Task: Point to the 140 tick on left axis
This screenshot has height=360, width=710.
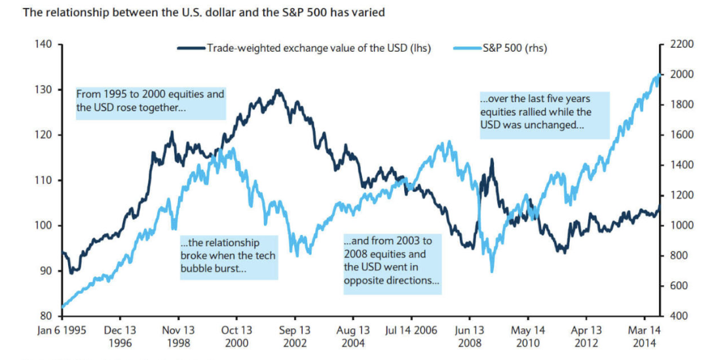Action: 43,45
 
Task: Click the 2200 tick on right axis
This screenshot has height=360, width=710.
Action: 678,45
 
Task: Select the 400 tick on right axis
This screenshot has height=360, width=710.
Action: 675,316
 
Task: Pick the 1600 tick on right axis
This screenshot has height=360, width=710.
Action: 678,135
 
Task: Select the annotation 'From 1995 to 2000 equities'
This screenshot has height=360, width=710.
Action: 150,101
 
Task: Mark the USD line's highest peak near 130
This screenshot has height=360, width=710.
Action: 278,90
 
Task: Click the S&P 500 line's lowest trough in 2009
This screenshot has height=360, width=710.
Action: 492,271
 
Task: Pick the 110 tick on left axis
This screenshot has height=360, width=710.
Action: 43,180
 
